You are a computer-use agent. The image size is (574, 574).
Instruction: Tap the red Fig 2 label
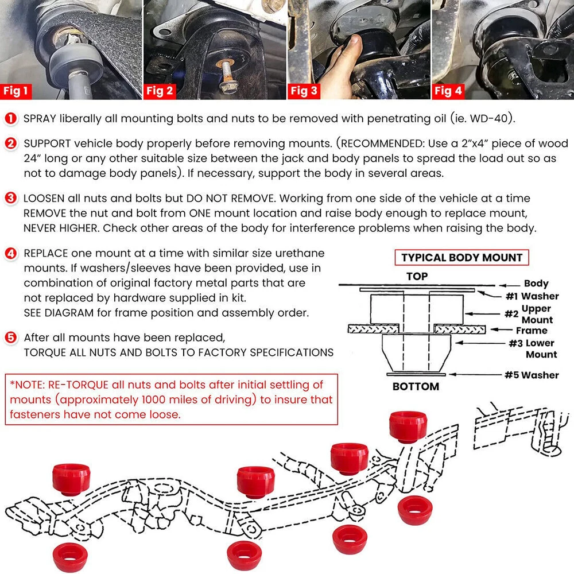coord(160,91)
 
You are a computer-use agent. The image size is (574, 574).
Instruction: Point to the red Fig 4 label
coord(448,91)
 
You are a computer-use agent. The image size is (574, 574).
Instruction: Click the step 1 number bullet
coord(11,119)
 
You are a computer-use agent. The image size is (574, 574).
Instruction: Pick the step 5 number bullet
coord(11,337)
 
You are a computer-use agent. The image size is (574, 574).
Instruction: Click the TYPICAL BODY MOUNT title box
coord(461,257)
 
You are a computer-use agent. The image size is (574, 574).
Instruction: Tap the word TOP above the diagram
coord(417,276)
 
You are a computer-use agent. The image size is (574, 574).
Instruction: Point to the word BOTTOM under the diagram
coord(416,387)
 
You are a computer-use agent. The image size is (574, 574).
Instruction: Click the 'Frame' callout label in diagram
coord(532,331)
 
